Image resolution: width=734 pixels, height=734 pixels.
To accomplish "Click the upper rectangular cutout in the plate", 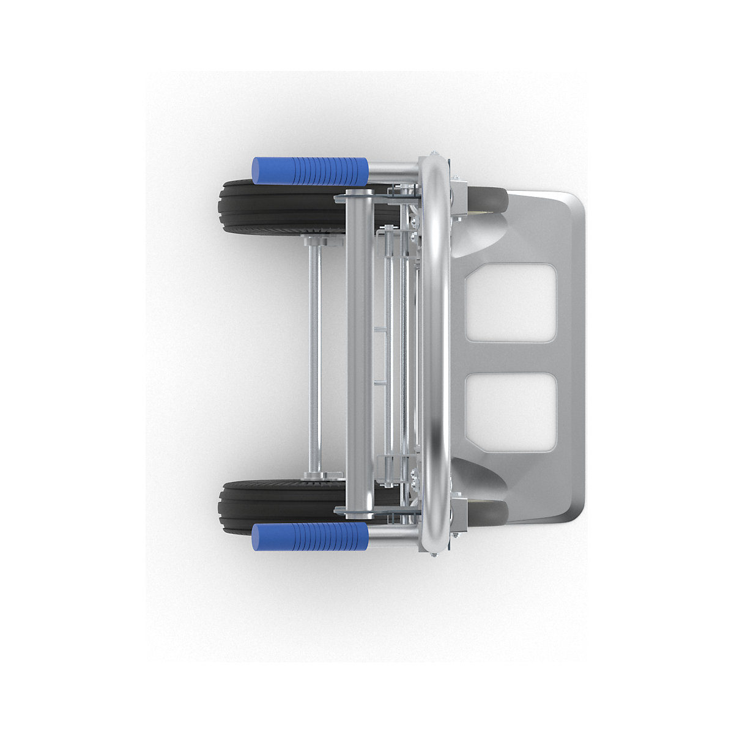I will tap(510, 302).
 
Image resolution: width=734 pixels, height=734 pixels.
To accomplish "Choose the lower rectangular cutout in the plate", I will tap(510, 413).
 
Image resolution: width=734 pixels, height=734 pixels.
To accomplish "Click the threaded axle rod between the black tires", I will tap(314, 355).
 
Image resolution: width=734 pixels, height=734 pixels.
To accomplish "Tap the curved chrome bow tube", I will tap(436, 355).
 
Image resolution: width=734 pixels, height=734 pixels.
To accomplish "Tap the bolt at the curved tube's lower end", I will tap(434, 555).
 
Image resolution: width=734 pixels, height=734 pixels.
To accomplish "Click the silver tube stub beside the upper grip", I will tap(391, 170).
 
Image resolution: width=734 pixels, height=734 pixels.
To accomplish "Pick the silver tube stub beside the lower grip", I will tap(391, 538).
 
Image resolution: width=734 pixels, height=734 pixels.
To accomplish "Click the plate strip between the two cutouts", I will tap(510, 358).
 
